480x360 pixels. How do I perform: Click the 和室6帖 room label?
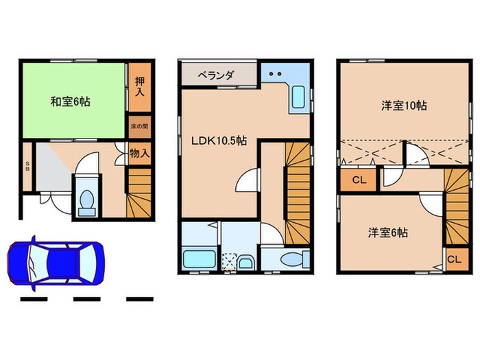click(70, 102)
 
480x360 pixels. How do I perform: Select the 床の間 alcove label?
click(139, 128)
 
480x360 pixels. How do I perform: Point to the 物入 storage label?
click(139, 154)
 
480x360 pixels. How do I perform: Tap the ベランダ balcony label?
click(217, 75)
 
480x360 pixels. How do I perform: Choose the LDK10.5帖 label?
click(219, 141)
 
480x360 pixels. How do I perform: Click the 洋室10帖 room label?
click(405, 106)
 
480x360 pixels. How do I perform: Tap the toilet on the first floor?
click(87, 200)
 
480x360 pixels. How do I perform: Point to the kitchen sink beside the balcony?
click(300, 97)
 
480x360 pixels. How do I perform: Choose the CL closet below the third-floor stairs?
click(453, 260)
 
